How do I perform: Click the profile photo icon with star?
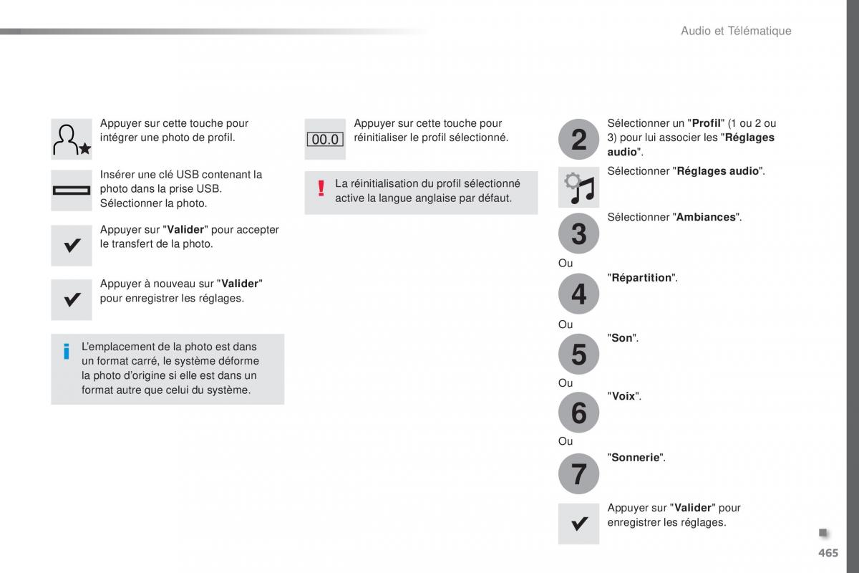pyautogui.click(x=72, y=139)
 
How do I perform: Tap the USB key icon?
pyautogui.click(x=72, y=191)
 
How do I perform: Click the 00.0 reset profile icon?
pyautogui.click(x=325, y=140)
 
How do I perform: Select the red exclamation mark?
pyautogui.click(x=321, y=188)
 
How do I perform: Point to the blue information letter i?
pyautogui.click(x=67, y=351)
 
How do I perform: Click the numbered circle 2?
pyautogui.click(x=578, y=139)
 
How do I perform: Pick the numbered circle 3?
pyautogui.click(x=578, y=233)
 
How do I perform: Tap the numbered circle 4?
pyautogui.click(x=578, y=294)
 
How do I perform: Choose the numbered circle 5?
pyautogui.click(x=578, y=354)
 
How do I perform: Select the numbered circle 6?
pyautogui.click(x=578, y=413)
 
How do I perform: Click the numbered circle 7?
pyautogui.click(x=578, y=473)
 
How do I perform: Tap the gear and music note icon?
pyautogui.click(x=578, y=188)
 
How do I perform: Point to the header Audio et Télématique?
pyautogui.click(x=736, y=31)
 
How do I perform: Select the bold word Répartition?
pyautogui.click(x=642, y=278)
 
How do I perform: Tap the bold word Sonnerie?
pyautogui.click(x=636, y=457)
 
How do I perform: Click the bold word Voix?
pyautogui.click(x=623, y=396)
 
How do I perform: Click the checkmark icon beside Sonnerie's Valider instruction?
pyautogui.click(x=578, y=524)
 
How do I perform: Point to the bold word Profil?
pyautogui.click(x=705, y=123)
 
